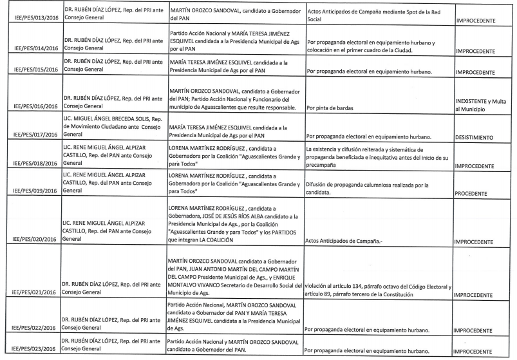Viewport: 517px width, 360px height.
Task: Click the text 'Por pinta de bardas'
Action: [x=335, y=108]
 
